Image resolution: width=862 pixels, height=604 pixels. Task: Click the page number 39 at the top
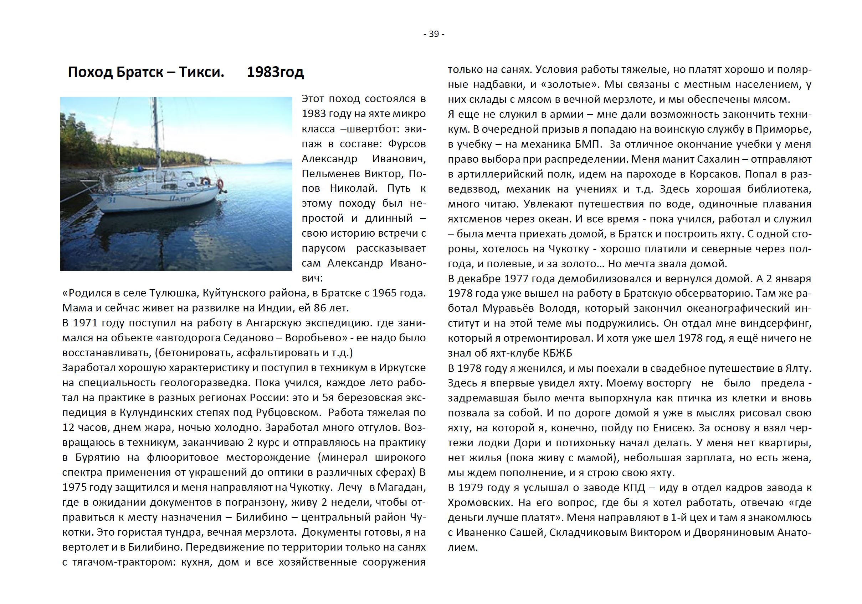pos(433,34)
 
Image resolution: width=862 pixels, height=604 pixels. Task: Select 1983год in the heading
pos(275,72)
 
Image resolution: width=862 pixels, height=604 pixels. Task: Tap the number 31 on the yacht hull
pos(112,200)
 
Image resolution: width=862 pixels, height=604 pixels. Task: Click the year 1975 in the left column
pos(75,487)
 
